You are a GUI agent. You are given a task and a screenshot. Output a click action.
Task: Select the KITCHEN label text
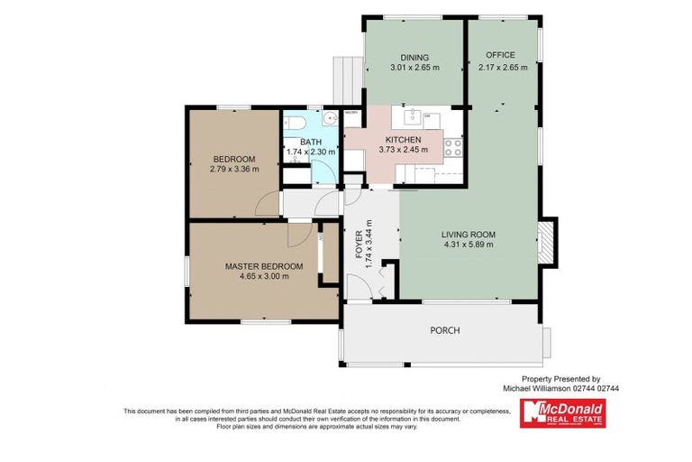coord(403,140)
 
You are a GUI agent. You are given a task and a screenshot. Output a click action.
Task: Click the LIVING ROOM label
coord(469,235)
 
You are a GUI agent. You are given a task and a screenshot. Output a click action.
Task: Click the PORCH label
coord(444,330)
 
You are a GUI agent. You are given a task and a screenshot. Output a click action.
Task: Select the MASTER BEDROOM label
coord(264,266)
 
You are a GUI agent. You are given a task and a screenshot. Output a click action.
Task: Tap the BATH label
coord(311,142)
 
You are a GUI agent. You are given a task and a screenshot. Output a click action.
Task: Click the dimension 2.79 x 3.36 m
coord(233,169)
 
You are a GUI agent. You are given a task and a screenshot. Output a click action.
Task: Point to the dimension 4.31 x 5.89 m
coord(469,245)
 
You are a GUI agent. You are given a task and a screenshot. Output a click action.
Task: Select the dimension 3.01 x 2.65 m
coord(414,68)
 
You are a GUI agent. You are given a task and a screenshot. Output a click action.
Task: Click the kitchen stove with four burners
coord(452,146)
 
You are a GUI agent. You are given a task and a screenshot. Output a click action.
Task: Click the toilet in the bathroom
coord(296,123)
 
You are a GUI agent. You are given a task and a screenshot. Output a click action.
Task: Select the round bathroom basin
coord(330,117)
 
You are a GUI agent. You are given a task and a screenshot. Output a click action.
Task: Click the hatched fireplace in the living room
coord(547,242)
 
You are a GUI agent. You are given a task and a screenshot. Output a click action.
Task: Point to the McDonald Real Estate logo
coord(563,411)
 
